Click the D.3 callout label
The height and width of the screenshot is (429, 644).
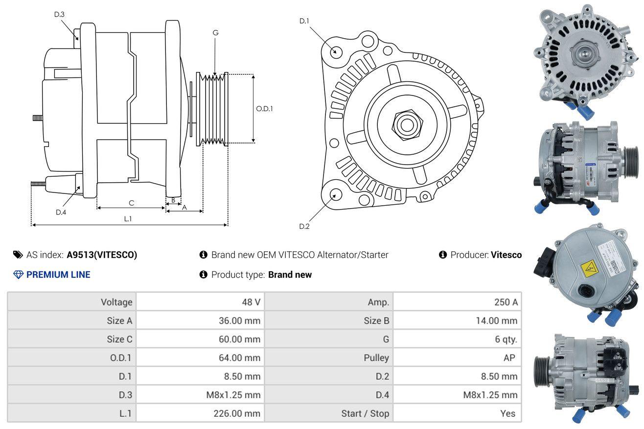(x=59, y=14)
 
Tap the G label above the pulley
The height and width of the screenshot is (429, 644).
(x=215, y=33)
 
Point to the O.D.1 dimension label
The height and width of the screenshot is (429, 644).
(x=264, y=109)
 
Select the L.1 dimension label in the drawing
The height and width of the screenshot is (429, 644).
(x=128, y=219)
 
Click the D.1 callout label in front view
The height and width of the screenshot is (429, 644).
(x=304, y=21)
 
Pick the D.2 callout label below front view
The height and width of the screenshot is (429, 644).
(x=304, y=226)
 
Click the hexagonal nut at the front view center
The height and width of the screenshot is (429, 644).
(x=407, y=125)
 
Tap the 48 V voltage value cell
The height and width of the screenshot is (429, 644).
(x=251, y=302)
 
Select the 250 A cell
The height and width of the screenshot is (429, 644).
(x=506, y=302)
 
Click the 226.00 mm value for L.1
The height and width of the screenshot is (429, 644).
(x=237, y=413)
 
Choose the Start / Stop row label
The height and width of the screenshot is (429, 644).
(x=365, y=413)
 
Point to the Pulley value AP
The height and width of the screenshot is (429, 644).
(x=509, y=357)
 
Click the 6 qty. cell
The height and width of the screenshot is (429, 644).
(x=506, y=339)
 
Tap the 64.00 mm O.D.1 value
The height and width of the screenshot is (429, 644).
(x=239, y=357)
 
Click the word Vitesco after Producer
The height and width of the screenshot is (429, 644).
(x=506, y=255)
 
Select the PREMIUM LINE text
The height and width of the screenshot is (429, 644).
(x=58, y=275)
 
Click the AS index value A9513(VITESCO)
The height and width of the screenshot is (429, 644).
(x=102, y=255)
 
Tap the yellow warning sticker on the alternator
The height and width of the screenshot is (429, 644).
(x=589, y=269)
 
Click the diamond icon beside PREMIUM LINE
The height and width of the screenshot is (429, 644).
(x=19, y=275)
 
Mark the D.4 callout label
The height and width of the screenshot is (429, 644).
(x=61, y=213)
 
